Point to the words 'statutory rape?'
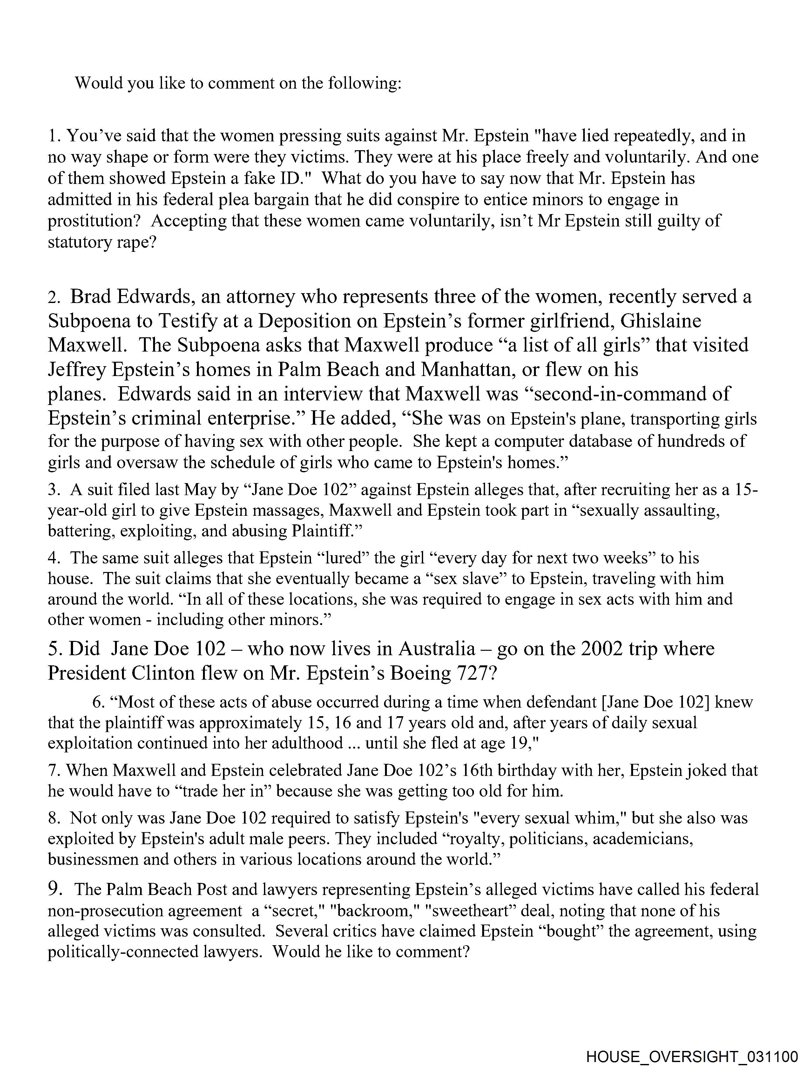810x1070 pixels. (102, 242)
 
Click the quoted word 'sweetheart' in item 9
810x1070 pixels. (472, 911)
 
